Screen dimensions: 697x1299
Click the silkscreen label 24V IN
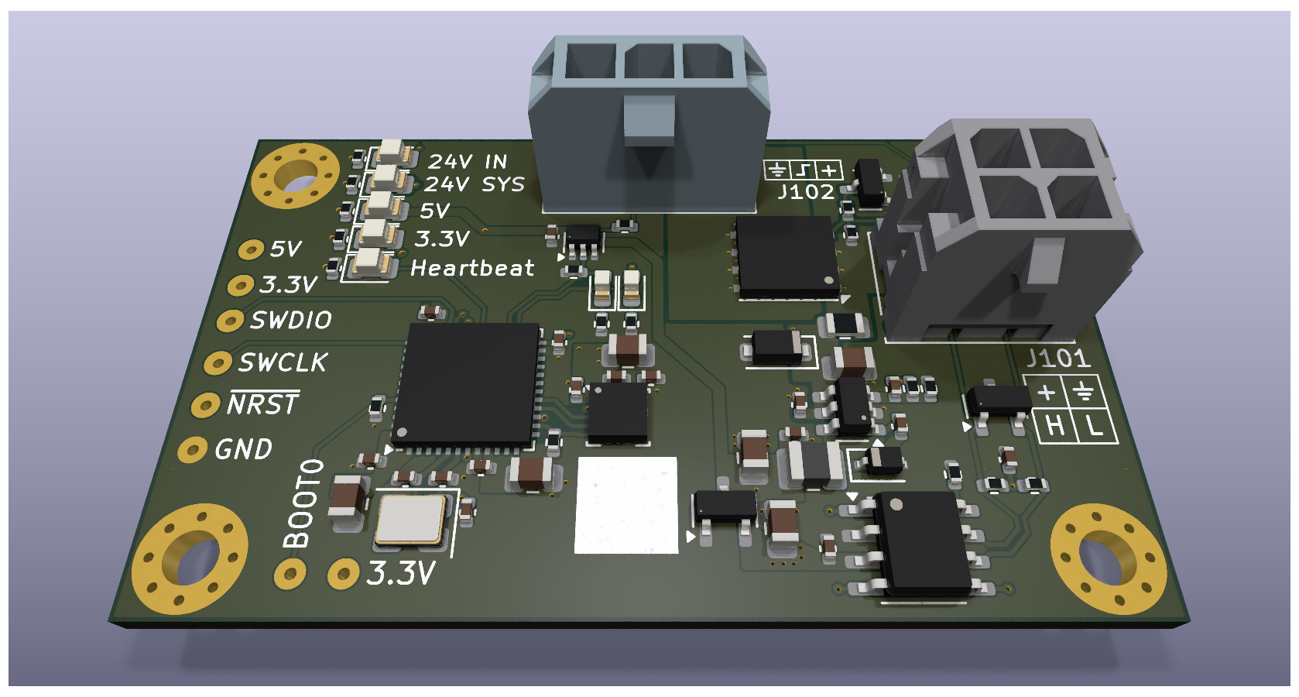tap(468, 161)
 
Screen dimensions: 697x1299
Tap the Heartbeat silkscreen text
tap(472, 268)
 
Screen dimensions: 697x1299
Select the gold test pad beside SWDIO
tap(230, 321)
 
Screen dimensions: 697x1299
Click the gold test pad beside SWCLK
tap(218, 362)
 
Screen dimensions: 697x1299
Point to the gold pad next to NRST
tap(205, 405)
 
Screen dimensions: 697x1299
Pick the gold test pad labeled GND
tap(192, 449)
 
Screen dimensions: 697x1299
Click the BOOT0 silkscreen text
tap(303, 503)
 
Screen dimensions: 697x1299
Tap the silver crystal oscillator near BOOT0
tap(410, 520)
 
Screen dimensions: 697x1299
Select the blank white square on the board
tap(626, 505)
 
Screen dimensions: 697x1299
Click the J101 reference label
tap(1058, 359)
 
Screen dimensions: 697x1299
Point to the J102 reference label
tap(806, 192)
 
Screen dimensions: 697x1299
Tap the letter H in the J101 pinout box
tap(1055, 426)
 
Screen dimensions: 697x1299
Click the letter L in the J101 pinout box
tap(1094, 425)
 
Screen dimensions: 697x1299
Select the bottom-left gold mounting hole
tap(190, 558)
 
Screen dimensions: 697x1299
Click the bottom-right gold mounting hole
tap(1108, 558)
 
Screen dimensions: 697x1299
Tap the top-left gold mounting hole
tap(295, 176)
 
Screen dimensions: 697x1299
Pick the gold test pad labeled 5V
tap(250, 249)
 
